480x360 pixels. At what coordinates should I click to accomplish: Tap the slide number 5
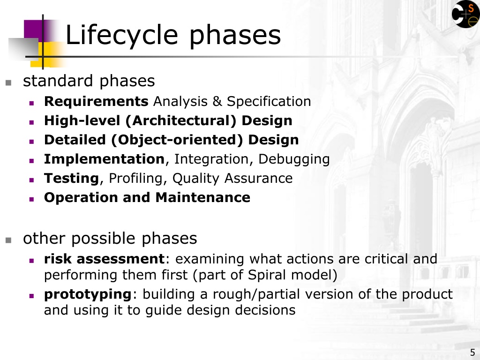[472, 352]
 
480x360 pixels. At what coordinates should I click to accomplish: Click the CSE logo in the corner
[465, 14]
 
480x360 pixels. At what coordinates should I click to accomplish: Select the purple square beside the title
[33, 30]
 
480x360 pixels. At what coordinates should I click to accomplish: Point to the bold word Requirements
[96, 102]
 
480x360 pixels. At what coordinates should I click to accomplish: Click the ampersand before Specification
[217, 101]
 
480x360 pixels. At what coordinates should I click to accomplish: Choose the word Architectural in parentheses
[181, 120]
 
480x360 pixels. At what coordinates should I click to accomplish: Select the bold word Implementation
[105, 159]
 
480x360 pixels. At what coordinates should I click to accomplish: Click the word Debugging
[294, 159]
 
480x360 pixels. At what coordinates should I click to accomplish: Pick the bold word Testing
[71, 179]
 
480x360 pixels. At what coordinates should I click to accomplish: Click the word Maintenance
[202, 197]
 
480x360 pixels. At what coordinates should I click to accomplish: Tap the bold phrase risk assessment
[105, 259]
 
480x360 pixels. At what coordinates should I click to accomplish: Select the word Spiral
[267, 275]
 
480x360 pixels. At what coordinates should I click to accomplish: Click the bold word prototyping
[88, 294]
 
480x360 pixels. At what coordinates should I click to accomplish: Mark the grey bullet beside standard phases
[8, 82]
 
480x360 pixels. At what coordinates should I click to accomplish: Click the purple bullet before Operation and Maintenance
[31, 199]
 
